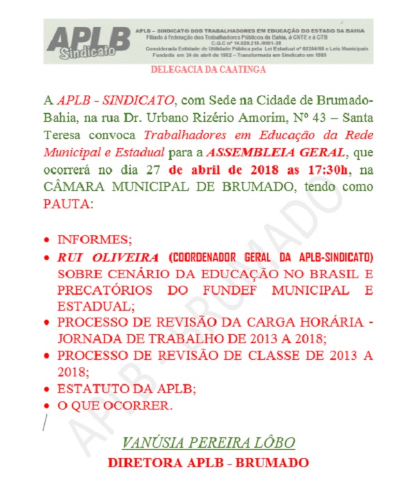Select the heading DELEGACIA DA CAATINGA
pos(207,70)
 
